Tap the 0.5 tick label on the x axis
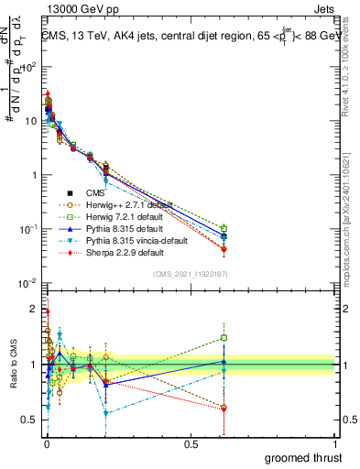[191, 443]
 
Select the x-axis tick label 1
[335, 443]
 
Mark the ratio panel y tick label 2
[33, 309]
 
